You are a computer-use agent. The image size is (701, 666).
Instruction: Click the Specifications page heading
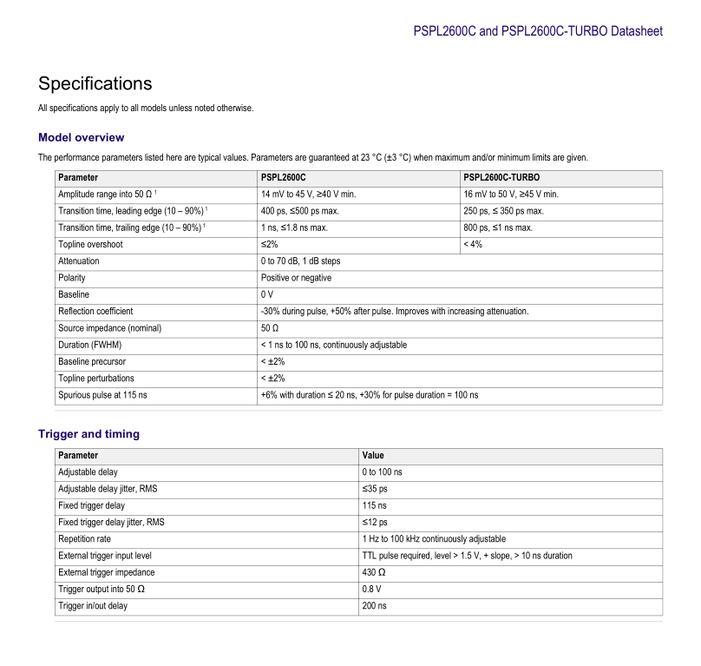[x=95, y=84]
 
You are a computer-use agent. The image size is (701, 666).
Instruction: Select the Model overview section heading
[x=81, y=137]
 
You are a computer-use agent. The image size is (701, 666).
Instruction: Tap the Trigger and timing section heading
[x=88, y=434]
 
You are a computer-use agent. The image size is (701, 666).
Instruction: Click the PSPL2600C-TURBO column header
[x=501, y=178]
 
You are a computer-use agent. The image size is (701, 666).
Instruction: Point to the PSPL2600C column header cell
[x=284, y=178]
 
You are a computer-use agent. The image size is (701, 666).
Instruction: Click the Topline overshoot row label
[x=89, y=245]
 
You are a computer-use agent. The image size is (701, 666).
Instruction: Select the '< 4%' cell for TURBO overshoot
[x=473, y=245]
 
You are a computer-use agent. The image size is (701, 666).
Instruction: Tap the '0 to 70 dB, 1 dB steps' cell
[x=300, y=261]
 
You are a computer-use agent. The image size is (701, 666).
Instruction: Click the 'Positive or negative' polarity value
[x=296, y=278]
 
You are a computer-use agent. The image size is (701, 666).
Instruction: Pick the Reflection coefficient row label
[x=95, y=311]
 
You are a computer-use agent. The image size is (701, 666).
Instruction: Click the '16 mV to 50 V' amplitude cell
[x=511, y=195]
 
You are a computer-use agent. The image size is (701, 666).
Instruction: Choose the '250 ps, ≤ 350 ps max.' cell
[x=503, y=211]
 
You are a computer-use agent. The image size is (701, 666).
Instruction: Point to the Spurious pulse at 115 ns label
[x=102, y=395]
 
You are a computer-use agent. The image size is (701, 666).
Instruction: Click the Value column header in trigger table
[x=373, y=456]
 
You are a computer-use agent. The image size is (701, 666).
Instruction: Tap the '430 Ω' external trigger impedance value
[x=374, y=572]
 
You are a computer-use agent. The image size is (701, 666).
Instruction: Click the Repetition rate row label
[x=84, y=539]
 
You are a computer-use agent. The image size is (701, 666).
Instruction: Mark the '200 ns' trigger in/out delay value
[x=374, y=606]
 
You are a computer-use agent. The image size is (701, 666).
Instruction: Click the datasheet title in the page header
[x=538, y=31]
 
